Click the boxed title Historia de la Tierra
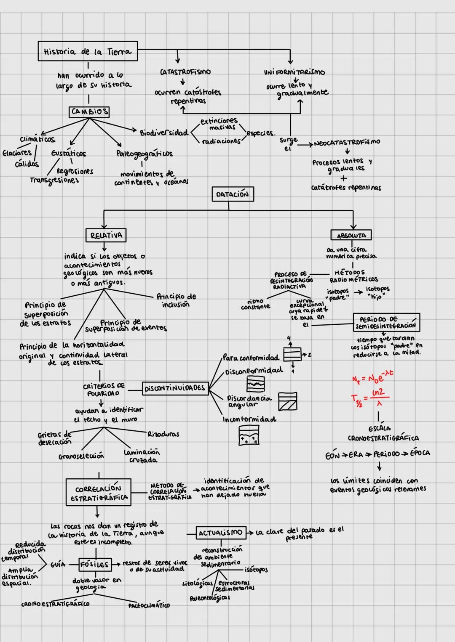(x=88, y=51)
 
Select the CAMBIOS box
(x=89, y=111)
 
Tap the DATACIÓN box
(x=233, y=194)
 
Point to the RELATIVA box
(x=106, y=235)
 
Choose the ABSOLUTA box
(x=351, y=235)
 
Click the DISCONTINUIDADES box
(x=175, y=388)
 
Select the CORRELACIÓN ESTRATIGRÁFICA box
(x=99, y=493)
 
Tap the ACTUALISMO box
(x=220, y=533)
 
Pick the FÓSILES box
(x=95, y=564)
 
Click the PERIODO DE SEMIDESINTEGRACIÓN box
(x=386, y=322)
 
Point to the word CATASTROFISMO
(x=185, y=72)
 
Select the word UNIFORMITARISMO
(x=294, y=72)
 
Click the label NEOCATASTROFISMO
(x=347, y=143)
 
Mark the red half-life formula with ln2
(x=371, y=397)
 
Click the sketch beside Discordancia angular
(x=288, y=401)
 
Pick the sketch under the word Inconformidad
(x=249, y=435)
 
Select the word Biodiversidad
(x=164, y=133)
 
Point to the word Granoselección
(x=81, y=456)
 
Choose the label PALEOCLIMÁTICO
(x=149, y=605)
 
